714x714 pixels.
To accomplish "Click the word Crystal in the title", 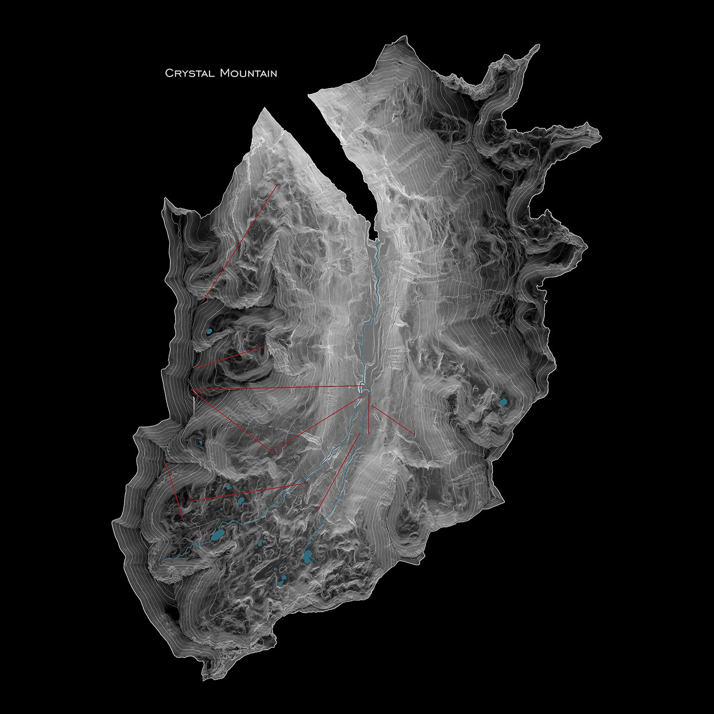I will pos(190,74).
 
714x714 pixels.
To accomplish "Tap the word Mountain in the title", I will pos(249,74).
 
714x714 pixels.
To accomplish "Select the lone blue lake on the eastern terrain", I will pos(504,402).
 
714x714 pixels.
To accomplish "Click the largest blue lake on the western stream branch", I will pos(217,535).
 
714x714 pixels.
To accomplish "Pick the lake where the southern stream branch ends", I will pos(308,557).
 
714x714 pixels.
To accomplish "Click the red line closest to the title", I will pos(241,242).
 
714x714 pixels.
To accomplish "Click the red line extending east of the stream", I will pos(393,420).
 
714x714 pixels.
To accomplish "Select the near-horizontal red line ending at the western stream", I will pos(247,493).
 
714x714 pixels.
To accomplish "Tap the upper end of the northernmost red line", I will pos(278,186).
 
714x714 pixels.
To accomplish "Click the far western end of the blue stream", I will pos(164,561).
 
